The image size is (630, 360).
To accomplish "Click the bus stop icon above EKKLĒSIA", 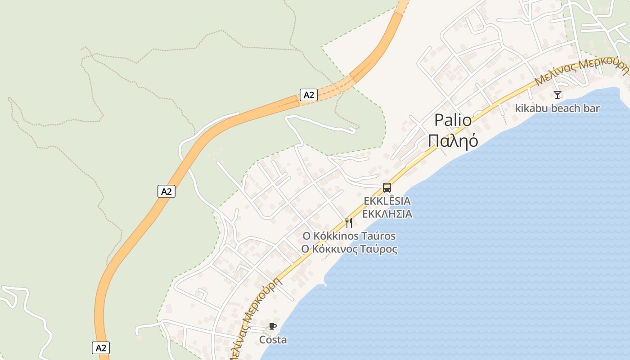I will pyautogui.click(x=387, y=188).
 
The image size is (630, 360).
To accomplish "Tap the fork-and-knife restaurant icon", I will pyautogui.click(x=349, y=222).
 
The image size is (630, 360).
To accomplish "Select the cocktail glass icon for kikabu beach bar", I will pyautogui.click(x=558, y=94).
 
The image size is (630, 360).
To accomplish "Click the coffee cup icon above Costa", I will pyautogui.click(x=272, y=326).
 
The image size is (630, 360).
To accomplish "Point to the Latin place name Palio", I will pyautogui.click(x=453, y=121).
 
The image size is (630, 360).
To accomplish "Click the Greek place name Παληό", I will pyautogui.click(x=453, y=141).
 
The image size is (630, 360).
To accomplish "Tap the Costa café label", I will pyautogui.click(x=273, y=340).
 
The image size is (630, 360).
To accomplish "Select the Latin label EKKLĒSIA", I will pyautogui.click(x=387, y=201).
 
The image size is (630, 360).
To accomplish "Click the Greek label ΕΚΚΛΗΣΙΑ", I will pyautogui.click(x=387, y=214).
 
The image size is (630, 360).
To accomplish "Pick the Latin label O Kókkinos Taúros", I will pyautogui.click(x=349, y=236).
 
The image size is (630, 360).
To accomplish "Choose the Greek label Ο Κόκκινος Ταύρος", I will pyautogui.click(x=349, y=249).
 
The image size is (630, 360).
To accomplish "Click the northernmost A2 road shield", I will pyautogui.click(x=309, y=95).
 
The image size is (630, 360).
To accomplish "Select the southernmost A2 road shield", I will pyautogui.click(x=101, y=347).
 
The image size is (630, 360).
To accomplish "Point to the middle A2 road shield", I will pyautogui.click(x=166, y=191).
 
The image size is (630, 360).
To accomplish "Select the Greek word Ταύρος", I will pyautogui.click(x=378, y=249).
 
